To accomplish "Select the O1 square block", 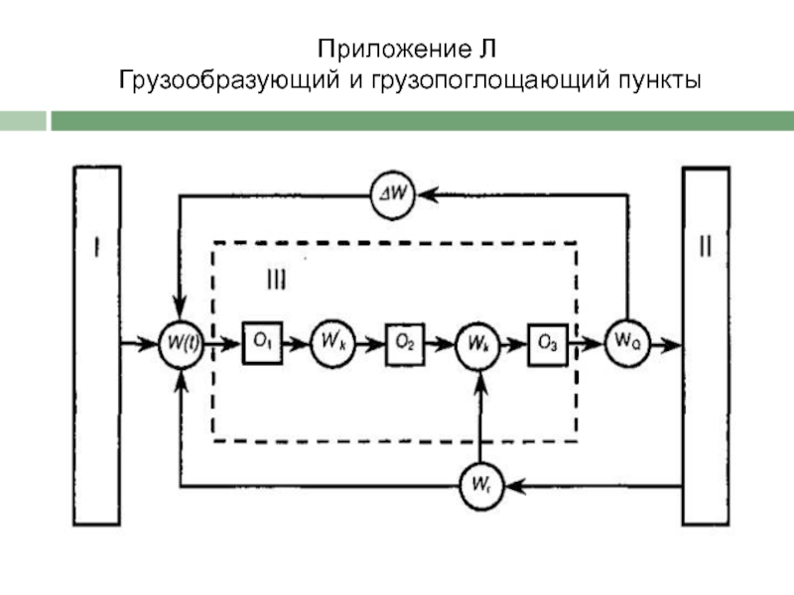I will [x=262, y=344].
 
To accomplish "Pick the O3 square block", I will [x=547, y=344].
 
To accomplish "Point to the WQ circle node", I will [x=627, y=344].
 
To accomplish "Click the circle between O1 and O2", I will [x=332, y=344].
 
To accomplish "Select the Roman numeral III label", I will [x=276, y=281].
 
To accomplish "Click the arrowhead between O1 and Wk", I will [x=302, y=344].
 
